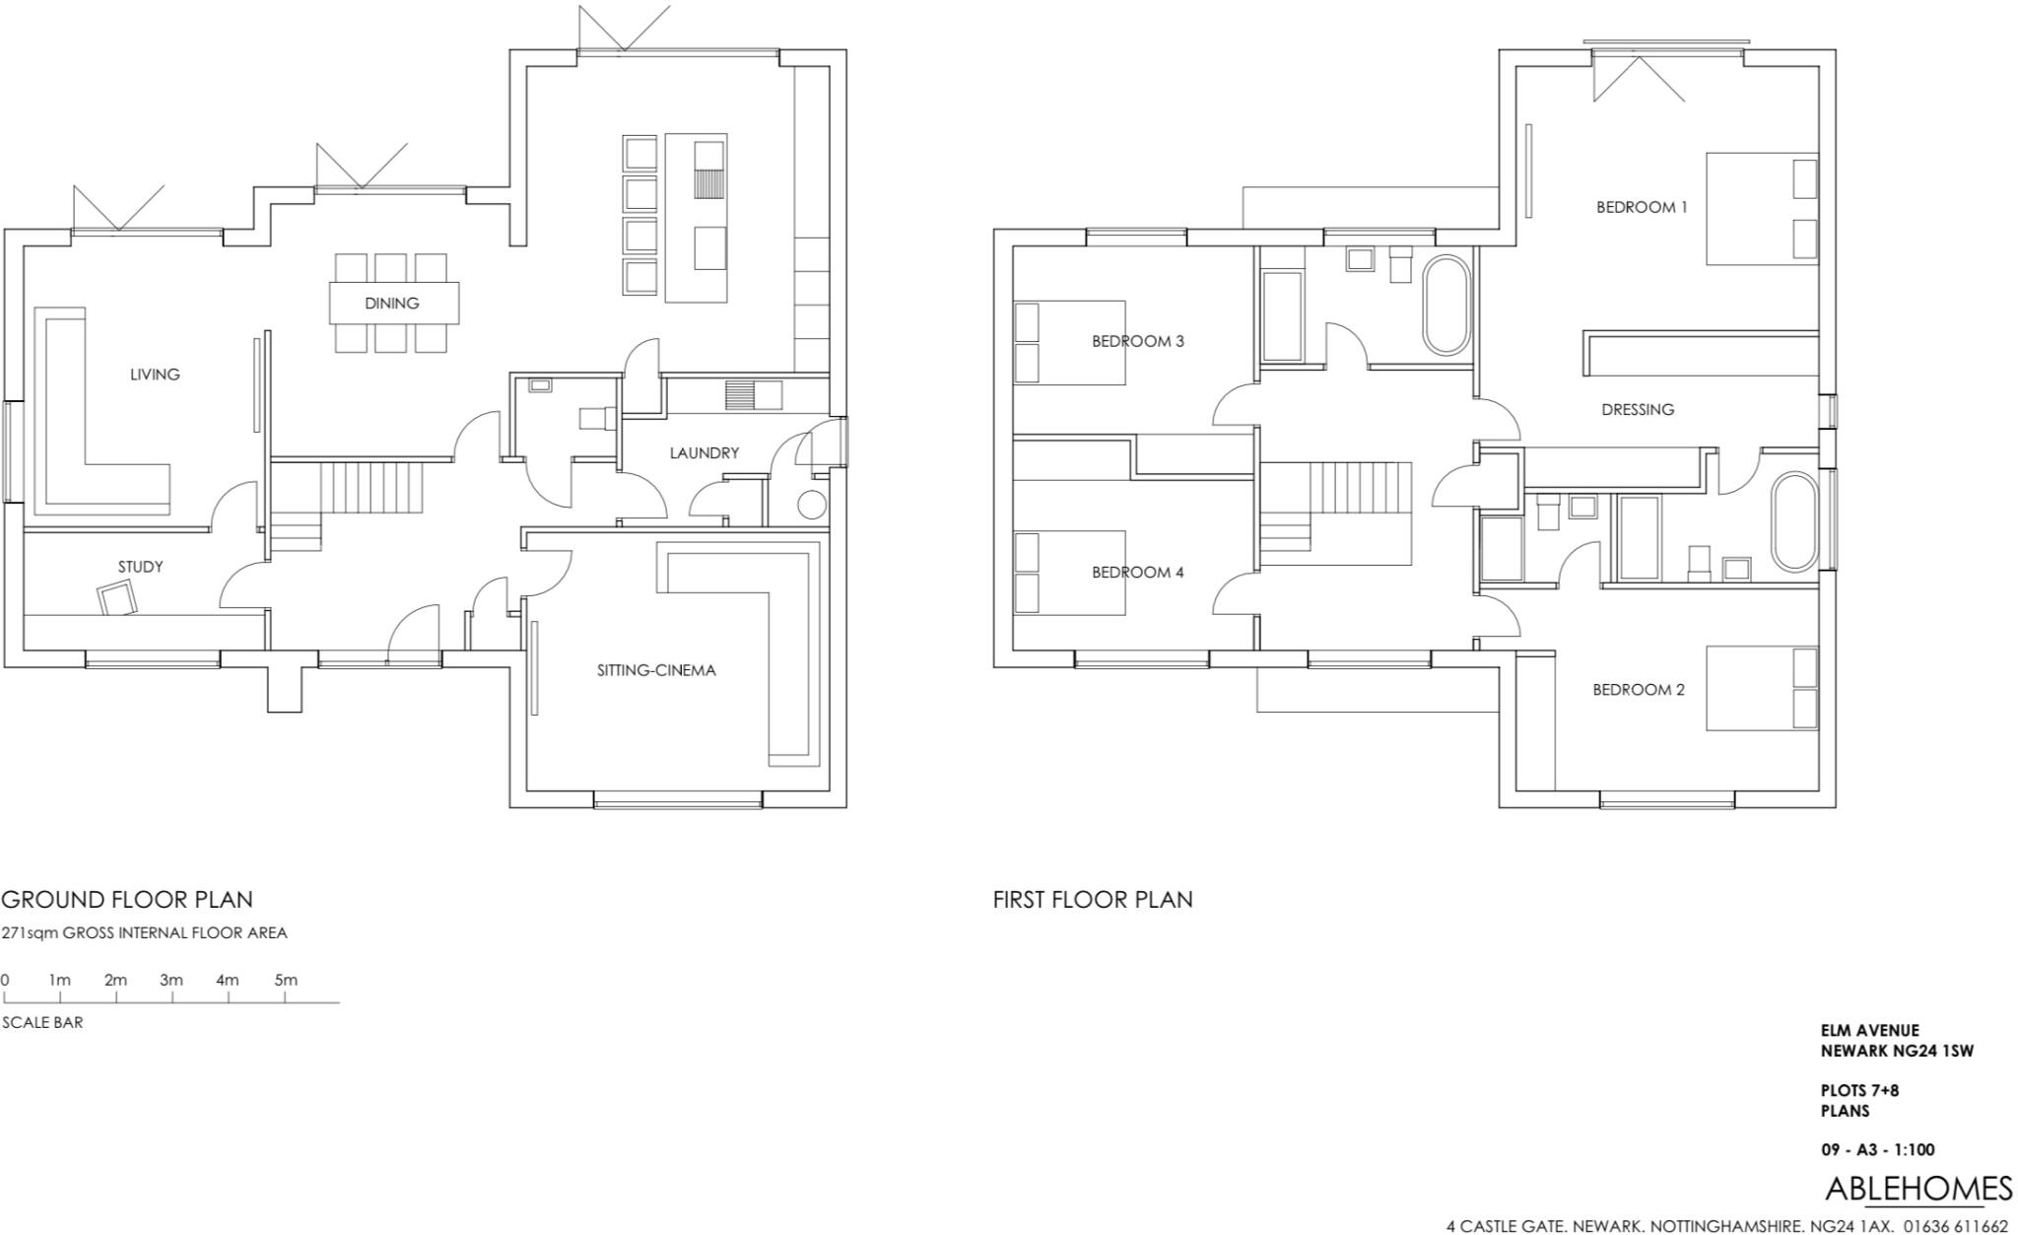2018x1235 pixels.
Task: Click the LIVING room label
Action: (x=155, y=375)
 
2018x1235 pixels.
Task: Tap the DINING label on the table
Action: (x=392, y=304)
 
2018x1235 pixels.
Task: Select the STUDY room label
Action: (x=140, y=567)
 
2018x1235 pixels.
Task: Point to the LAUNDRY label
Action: (x=704, y=453)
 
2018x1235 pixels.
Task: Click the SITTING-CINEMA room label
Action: (x=656, y=670)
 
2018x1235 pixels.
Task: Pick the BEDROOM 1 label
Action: (x=1642, y=207)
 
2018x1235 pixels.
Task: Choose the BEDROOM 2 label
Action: (x=1639, y=690)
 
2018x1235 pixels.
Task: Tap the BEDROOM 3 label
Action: (x=1137, y=342)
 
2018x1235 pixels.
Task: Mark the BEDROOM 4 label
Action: (x=1137, y=573)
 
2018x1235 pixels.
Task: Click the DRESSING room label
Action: (x=1638, y=410)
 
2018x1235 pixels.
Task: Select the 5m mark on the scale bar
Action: (x=286, y=981)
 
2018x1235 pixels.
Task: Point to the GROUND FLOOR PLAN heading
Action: (x=127, y=900)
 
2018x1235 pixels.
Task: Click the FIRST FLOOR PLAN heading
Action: (x=1093, y=900)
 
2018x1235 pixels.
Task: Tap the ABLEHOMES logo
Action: (x=1918, y=1190)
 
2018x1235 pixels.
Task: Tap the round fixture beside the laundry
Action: (x=811, y=506)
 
